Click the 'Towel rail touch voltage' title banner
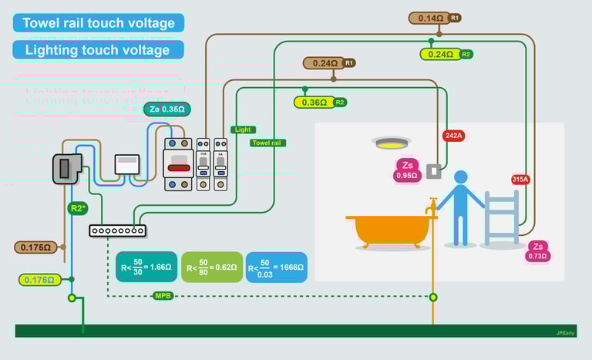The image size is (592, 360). pos(99,23)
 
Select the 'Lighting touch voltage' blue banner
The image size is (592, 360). pos(98,50)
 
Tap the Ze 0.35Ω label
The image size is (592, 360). pos(166,109)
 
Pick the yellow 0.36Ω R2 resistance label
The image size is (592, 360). pos(314,102)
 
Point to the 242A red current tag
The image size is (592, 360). pos(454,136)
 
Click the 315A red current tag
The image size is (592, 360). pos(520,180)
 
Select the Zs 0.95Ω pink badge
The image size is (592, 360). pos(406,170)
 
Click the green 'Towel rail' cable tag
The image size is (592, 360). pos(268,143)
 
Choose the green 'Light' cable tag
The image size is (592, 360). pos(243,130)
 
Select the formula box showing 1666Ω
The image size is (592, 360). pos(276,267)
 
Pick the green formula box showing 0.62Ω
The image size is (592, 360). pos(211,267)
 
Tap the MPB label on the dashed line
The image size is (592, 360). pos(163,295)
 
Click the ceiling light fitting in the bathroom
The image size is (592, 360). pos(392,143)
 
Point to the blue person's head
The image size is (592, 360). pos(461,177)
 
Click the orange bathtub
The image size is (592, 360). pos(392,229)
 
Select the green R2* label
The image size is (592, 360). pos(78,208)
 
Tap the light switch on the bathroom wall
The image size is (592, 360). pos(433,171)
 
